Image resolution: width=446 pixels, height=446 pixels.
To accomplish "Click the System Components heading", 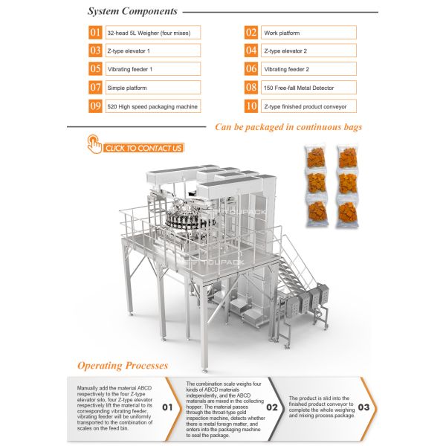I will pos(132,12).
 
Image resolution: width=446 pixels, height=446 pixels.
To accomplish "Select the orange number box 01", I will pos(95,33).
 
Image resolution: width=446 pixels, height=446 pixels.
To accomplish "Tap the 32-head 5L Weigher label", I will pos(152,33).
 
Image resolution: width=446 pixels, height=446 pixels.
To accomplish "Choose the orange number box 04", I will pos(251,51).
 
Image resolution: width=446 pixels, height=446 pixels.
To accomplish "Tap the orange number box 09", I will pos(95,106).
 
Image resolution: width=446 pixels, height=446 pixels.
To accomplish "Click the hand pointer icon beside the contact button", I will pos(94,144).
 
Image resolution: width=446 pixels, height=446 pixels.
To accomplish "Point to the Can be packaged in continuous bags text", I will pos(288,127).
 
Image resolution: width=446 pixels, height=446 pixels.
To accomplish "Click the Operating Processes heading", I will pos(123,366).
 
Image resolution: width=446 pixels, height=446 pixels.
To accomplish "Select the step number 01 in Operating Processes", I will pos(169,407).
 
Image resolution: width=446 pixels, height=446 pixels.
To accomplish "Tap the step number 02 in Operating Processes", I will pos(272,407).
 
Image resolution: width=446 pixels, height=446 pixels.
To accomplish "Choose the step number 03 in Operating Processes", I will pos(363,407).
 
